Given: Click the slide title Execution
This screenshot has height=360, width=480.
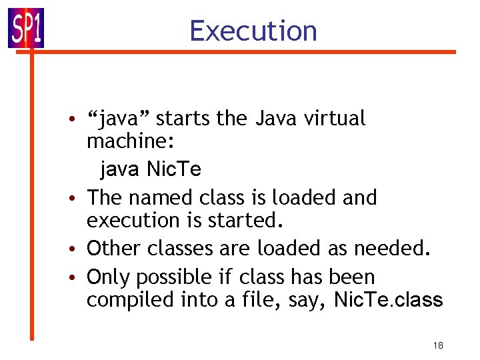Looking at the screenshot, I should tap(253, 31).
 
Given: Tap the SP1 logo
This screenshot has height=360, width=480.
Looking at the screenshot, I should tap(26, 29).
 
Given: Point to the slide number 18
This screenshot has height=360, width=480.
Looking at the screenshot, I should tap(438, 345).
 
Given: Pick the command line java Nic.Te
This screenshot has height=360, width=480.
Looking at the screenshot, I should tap(150, 169).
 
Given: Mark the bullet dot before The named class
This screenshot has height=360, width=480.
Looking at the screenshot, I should tap(78, 199).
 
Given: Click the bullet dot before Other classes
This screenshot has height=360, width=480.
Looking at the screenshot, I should tap(78, 249).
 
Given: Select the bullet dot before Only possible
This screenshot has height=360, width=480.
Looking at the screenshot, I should tap(78, 277).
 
